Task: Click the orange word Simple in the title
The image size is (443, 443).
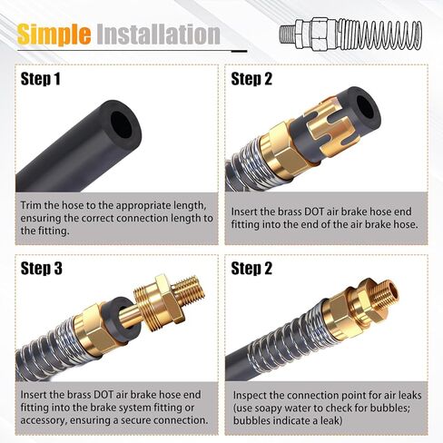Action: click(54, 34)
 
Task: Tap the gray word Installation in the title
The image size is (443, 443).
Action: click(158, 34)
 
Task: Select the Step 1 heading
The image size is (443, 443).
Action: click(40, 79)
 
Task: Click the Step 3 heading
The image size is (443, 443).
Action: click(41, 269)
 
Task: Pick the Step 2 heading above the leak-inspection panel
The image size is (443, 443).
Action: click(251, 269)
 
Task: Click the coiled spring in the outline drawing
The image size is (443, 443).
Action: click(379, 34)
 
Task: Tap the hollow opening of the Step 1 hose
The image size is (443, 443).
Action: click(122, 125)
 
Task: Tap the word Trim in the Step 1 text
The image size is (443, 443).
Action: click(31, 205)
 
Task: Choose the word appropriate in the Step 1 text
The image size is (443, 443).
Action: click(143, 206)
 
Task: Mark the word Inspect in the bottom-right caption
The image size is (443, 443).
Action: click(250, 396)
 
